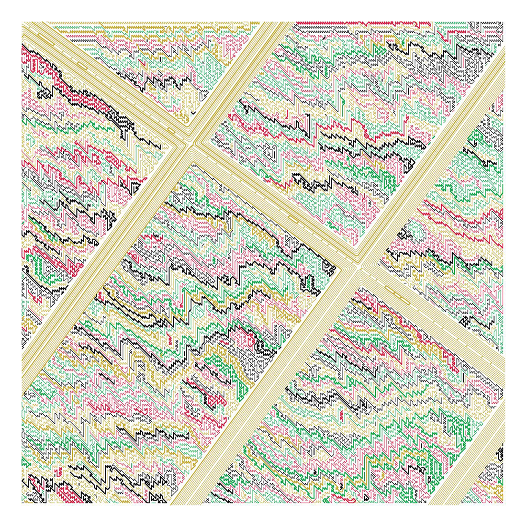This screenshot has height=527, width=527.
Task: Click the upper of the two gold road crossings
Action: pyautogui.click(x=189, y=142)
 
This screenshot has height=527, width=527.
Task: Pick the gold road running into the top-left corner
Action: pyautogui.click(x=105, y=79)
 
